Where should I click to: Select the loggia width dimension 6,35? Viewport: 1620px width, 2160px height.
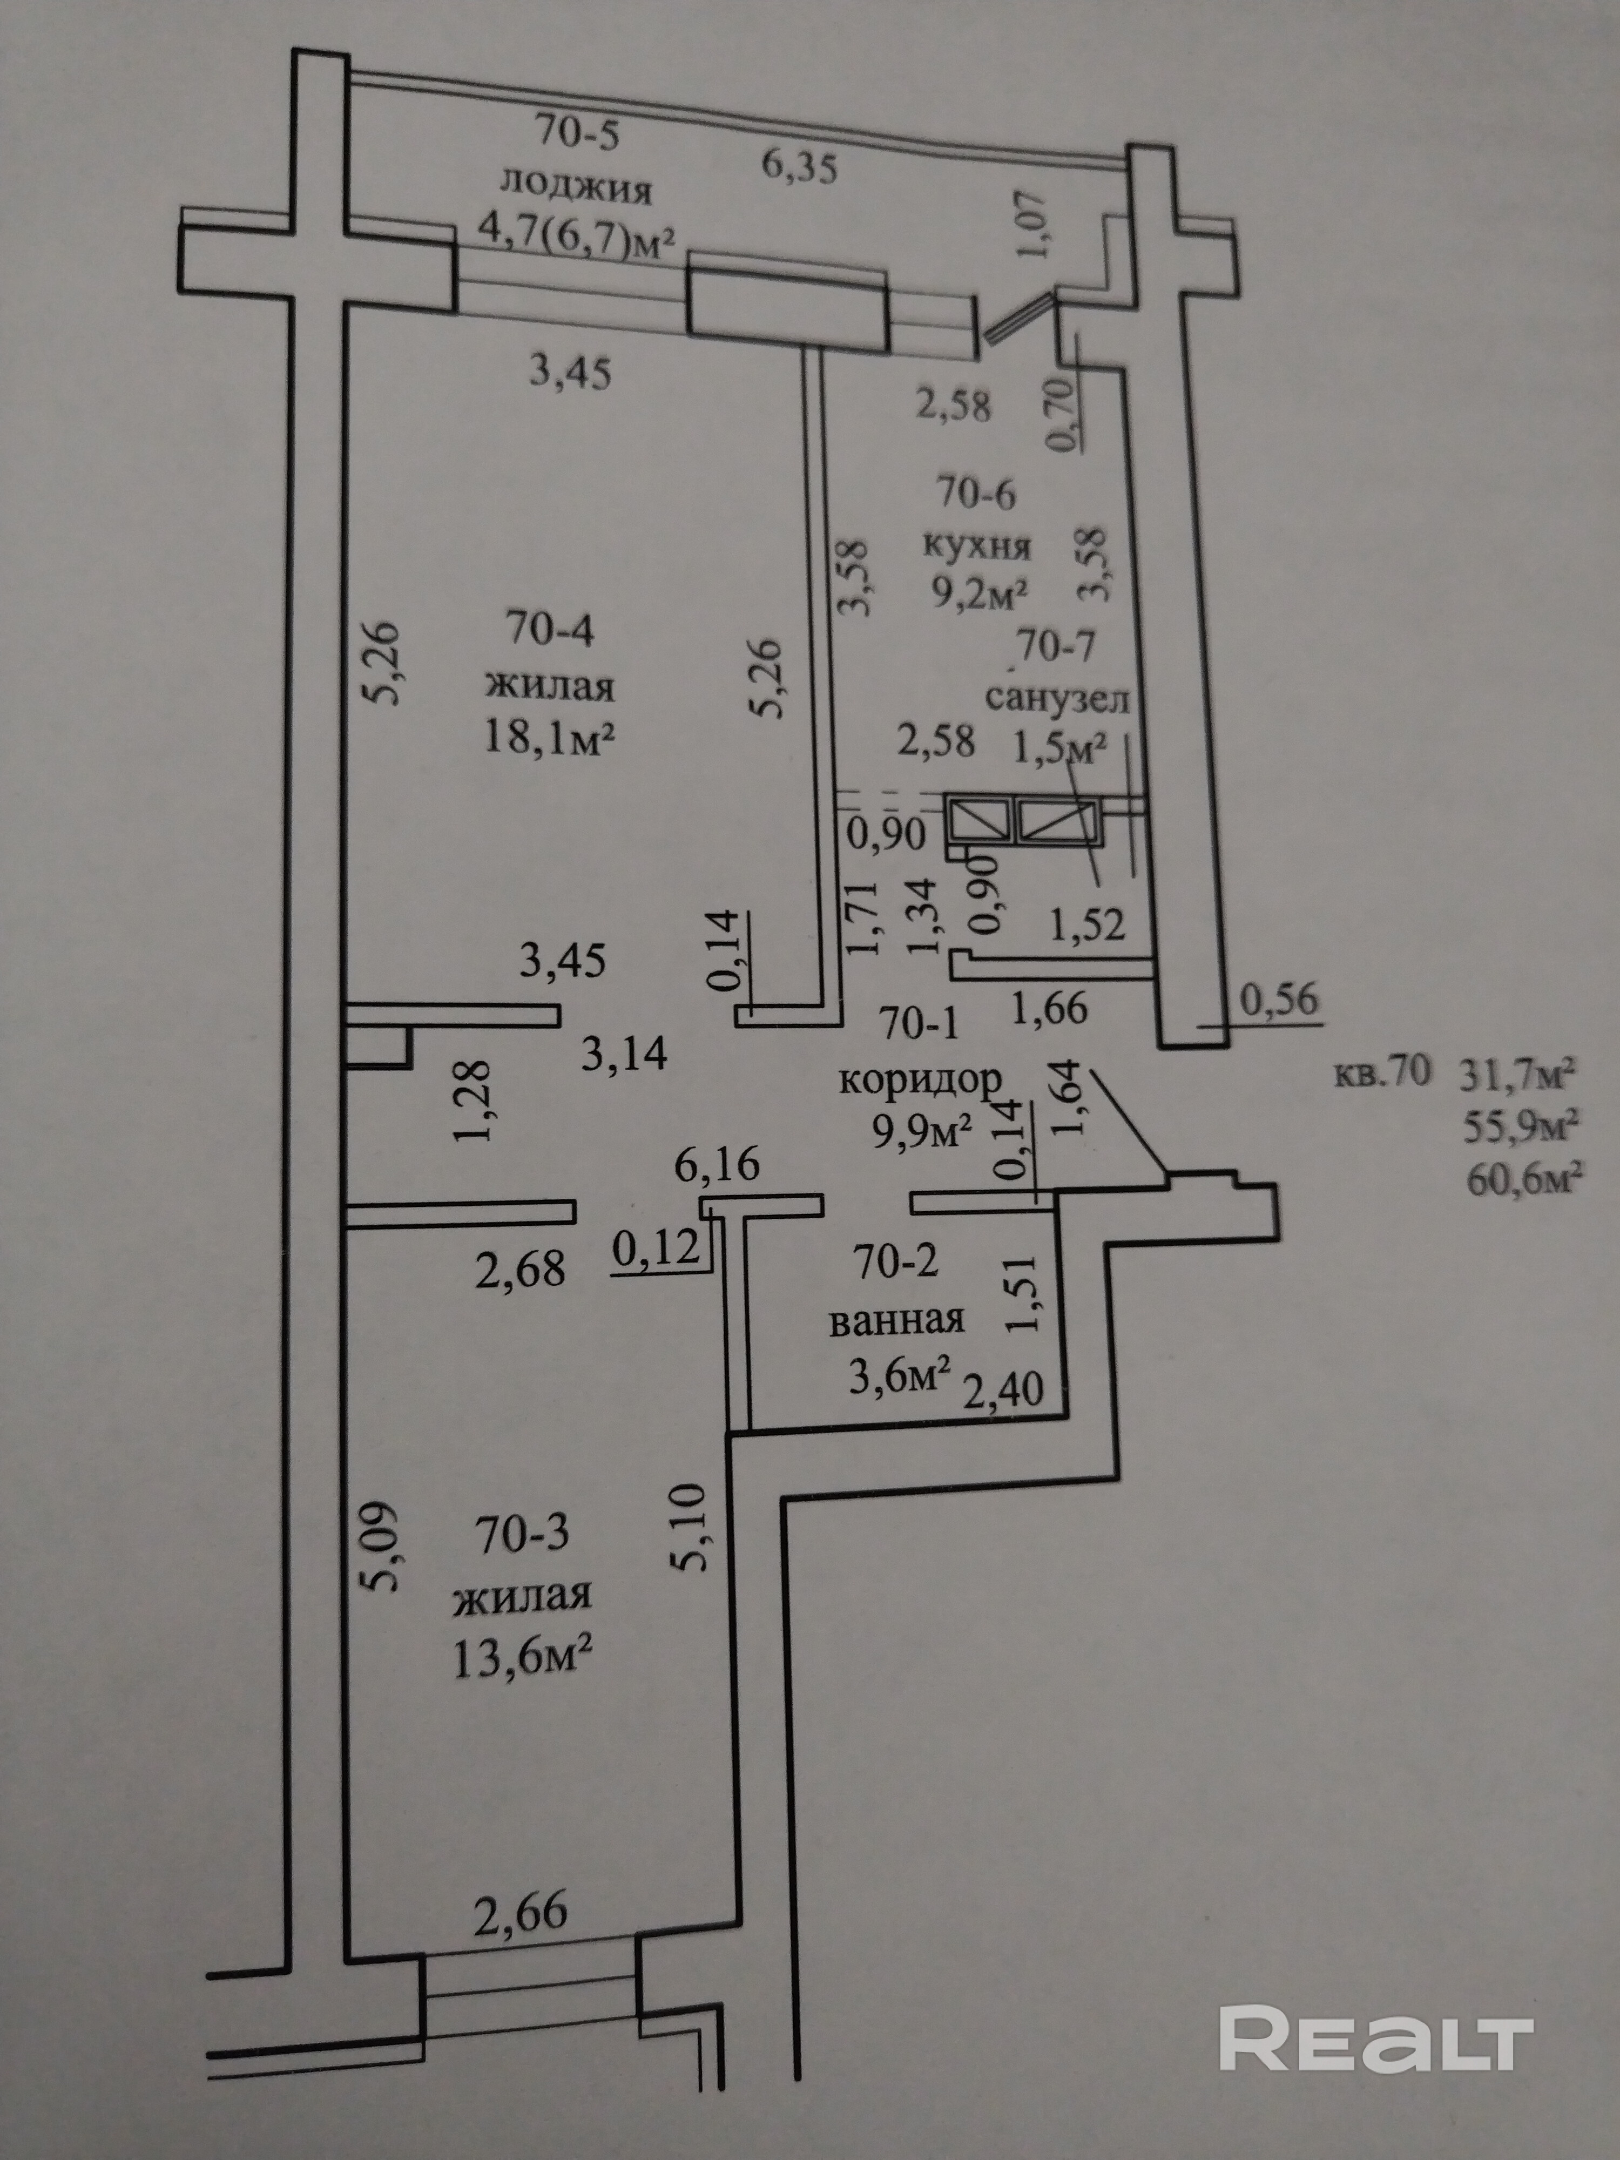coord(799,168)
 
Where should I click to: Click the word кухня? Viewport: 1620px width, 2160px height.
coord(977,544)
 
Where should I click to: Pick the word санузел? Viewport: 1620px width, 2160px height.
coord(1058,699)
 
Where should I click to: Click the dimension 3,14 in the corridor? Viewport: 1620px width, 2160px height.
coord(624,1054)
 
